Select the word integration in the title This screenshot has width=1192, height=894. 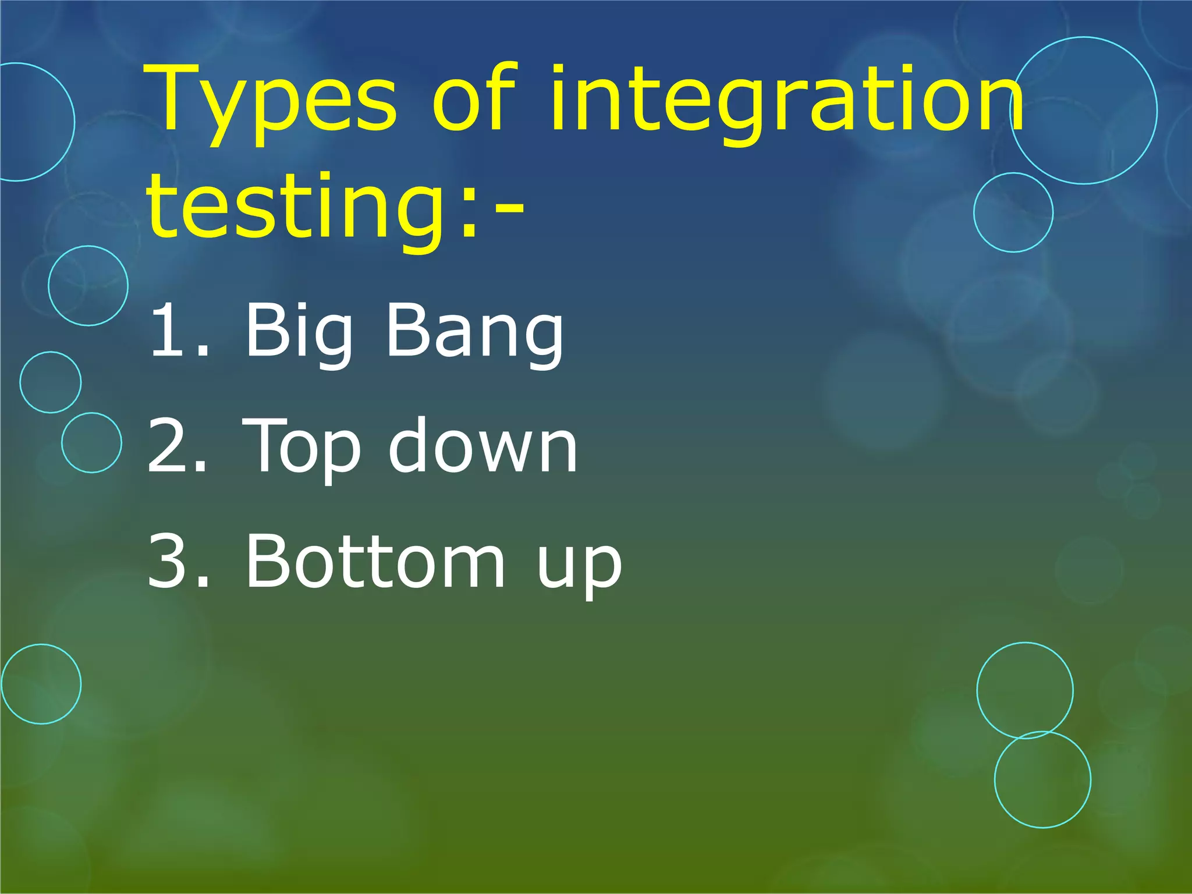[x=786, y=102]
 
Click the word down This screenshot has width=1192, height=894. [x=483, y=445]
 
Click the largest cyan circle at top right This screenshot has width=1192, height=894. [x=1084, y=110]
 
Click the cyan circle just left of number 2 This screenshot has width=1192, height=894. [x=91, y=442]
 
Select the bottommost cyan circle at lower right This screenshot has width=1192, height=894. [x=1042, y=779]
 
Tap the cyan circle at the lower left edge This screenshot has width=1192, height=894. [x=41, y=684]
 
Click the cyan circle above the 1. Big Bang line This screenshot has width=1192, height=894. [x=88, y=285]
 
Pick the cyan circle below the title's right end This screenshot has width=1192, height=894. [x=1013, y=212]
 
